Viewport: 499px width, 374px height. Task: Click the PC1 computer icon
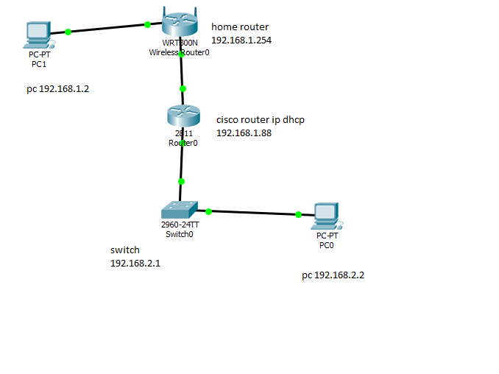37,33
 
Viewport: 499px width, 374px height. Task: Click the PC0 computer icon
325,214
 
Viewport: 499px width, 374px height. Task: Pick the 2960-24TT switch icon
180,209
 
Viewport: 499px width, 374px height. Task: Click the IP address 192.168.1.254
241,40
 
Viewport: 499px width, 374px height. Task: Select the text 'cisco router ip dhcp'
260,120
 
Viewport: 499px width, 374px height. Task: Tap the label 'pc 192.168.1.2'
63,89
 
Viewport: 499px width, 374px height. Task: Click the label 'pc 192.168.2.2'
333,275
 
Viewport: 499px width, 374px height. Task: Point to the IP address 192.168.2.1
135,263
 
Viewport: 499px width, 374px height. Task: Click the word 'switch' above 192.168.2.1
124,250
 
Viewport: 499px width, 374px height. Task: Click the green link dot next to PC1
68,32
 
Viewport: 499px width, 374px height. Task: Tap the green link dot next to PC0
298,215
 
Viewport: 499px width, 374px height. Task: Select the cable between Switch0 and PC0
253,213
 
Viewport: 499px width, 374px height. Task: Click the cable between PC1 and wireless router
107,28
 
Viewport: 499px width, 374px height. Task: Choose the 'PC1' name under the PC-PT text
39,64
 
